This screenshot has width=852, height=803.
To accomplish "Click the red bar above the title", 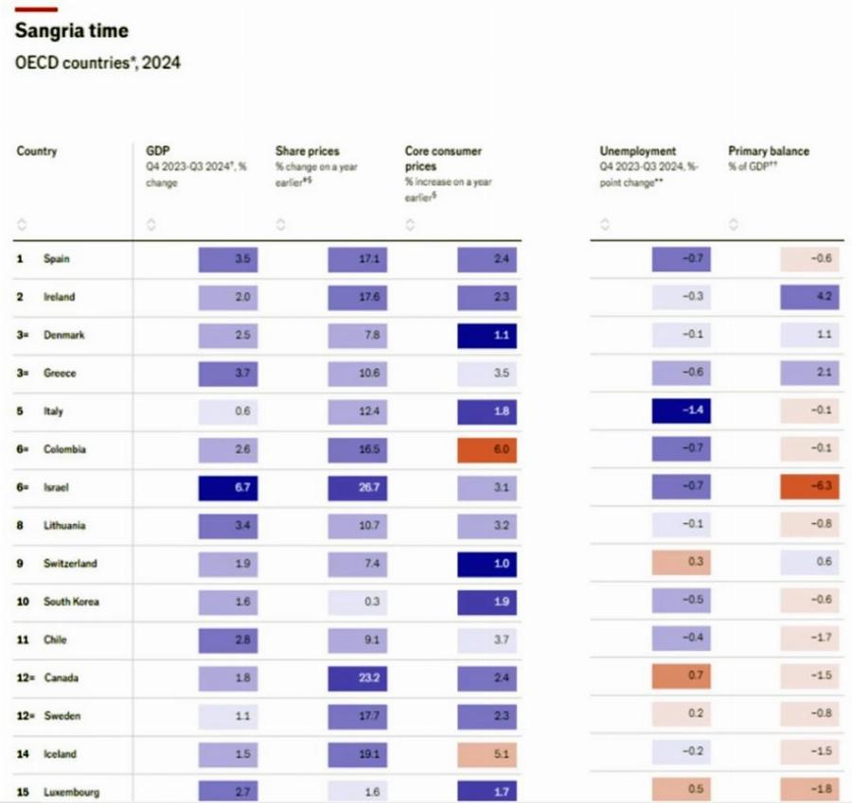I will [x=37, y=9].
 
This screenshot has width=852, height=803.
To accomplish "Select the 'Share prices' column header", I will [x=307, y=151].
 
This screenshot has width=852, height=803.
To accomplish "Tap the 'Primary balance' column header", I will [x=768, y=151].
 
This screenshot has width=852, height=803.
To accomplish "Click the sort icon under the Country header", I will [x=22, y=225].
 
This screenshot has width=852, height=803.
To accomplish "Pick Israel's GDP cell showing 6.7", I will [x=227, y=487].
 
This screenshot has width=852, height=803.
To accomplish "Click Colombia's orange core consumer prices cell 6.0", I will [x=487, y=449].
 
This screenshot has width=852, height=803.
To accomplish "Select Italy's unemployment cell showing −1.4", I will [x=680, y=411].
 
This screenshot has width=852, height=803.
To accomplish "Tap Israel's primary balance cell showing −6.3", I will [x=808, y=487].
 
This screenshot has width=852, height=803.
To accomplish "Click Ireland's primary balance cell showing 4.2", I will [x=808, y=297].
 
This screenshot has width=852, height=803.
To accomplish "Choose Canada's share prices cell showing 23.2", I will [x=357, y=678].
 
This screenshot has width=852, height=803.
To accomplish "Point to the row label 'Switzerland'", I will [x=69, y=564].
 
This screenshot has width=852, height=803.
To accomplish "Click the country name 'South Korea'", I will [x=71, y=602].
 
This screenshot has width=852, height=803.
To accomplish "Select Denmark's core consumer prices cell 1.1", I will [x=487, y=335].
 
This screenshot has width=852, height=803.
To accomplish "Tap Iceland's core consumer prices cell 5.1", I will [x=487, y=754].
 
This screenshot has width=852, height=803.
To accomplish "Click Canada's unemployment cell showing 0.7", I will [x=680, y=678].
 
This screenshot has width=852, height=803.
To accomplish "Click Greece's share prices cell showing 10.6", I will [x=357, y=373].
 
